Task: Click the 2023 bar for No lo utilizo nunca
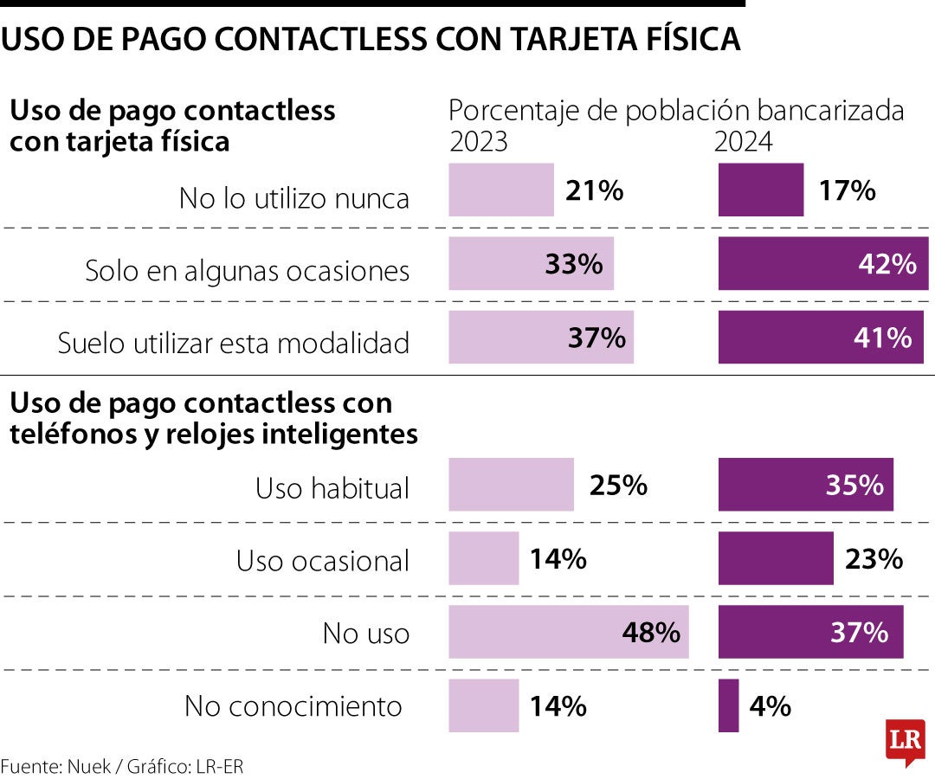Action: coord(500,190)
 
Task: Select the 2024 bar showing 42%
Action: coord(822,263)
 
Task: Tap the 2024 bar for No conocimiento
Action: coord(728,705)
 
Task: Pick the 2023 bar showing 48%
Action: coord(568,633)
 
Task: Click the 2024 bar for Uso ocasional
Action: coord(775,558)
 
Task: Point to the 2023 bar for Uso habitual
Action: coord(511,485)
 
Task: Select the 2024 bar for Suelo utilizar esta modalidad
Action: coord(820,337)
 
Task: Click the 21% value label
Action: coord(594,190)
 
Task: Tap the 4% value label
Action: coord(771,706)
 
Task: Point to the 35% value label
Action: coord(854,486)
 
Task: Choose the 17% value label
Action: coord(846,190)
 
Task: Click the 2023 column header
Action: coord(478,141)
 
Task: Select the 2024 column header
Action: coord(743,141)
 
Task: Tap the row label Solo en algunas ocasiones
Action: coord(247,271)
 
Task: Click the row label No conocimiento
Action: coord(293,706)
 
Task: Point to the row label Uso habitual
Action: coord(332,488)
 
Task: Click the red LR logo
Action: coord(905,741)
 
